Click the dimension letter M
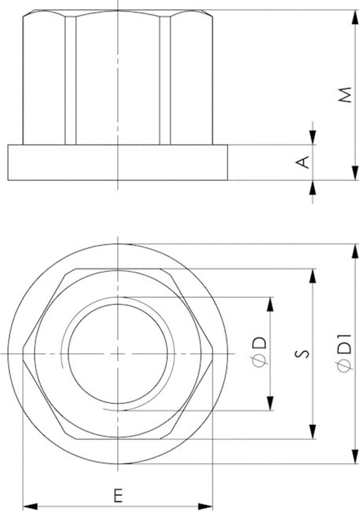pos(344,95)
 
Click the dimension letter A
pos(303,163)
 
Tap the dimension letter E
pos(118,494)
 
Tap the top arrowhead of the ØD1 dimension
pos(355,251)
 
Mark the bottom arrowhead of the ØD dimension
pos(271,403)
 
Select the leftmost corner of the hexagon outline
pos(24,354)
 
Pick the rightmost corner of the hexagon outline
pos(212,354)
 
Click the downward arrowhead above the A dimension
pos(312,138)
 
